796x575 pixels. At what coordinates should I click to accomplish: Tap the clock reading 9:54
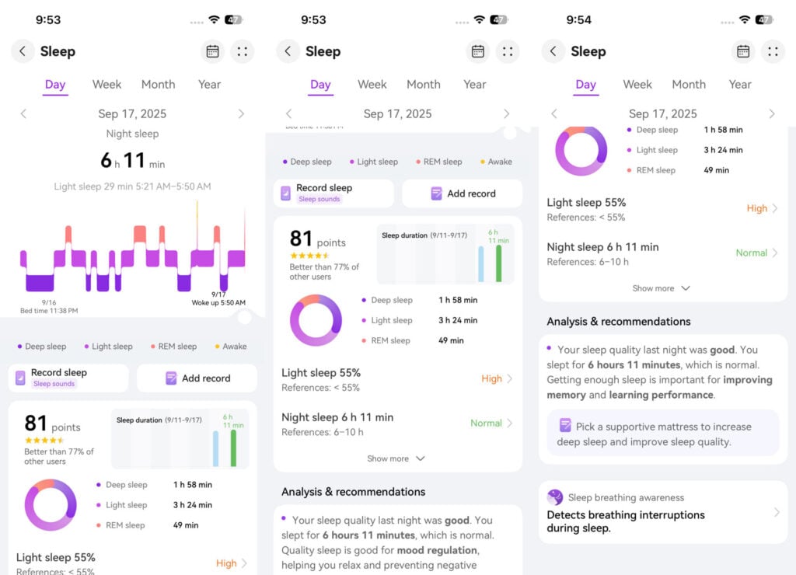(x=578, y=19)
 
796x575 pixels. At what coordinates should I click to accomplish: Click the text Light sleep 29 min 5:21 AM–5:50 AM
(x=132, y=186)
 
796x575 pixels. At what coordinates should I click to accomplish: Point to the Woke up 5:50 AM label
(x=218, y=302)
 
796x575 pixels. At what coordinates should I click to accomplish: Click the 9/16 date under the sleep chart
(x=49, y=302)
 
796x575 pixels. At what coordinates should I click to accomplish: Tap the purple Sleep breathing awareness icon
(x=555, y=497)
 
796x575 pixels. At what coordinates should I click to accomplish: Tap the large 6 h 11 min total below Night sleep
(x=132, y=161)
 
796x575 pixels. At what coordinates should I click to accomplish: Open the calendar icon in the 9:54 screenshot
(x=743, y=51)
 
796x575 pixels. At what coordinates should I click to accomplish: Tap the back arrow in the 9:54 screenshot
(x=553, y=51)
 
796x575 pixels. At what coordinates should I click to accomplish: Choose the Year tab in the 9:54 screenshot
(x=740, y=84)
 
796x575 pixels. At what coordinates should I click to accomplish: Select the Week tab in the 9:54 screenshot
(x=637, y=84)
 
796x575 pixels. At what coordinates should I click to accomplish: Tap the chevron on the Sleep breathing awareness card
(x=777, y=512)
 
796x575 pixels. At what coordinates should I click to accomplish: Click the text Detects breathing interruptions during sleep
(x=626, y=521)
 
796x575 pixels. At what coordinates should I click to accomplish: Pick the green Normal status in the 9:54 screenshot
(x=752, y=253)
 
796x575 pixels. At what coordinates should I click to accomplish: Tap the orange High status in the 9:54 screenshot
(x=756, y=208)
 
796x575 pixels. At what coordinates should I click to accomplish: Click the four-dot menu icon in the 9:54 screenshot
(x=773, y=51)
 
